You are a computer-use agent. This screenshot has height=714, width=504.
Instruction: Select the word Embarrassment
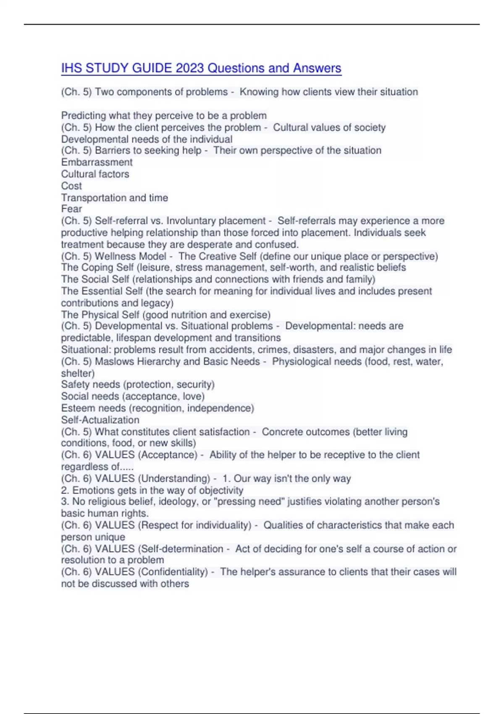point(97,163)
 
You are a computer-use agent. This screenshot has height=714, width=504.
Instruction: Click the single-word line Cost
point(71,186)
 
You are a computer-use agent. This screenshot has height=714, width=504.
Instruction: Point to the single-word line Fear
point(71,209)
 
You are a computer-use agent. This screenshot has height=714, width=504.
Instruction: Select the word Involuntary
point(191,221)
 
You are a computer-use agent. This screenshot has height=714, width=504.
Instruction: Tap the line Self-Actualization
point(100,420)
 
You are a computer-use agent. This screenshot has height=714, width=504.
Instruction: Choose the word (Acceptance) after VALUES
point(168,455)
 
